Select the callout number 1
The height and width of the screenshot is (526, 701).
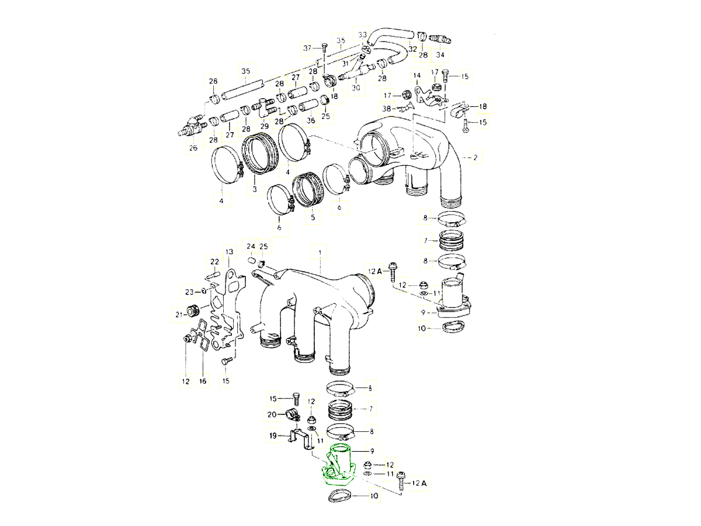(x=320, y=252)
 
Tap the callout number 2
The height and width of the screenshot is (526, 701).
(x=476, y=157)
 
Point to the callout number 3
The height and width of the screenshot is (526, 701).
(x=255, y=189)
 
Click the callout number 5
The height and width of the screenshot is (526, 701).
(x=313, y=217)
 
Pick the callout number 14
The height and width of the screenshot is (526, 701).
(x=417, y=75)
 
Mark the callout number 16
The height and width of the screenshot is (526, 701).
(x=203, y=381)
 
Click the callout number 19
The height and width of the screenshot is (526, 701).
(x=273, y=435)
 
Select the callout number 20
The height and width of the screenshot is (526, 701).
(x=272, y=414)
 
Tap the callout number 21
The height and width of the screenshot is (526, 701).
(x=178, y=315)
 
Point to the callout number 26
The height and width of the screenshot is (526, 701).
(x=193, y=148)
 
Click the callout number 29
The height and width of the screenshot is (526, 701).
(x=265, y=126)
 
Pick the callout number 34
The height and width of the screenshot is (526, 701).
(x=440, y=54)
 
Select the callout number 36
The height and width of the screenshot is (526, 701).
(x=311, y=120)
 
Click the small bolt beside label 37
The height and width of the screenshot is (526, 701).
(x=322, y=47)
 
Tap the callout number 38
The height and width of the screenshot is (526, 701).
(x=387, y=109)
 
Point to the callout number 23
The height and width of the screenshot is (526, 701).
(x=189, y=292)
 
